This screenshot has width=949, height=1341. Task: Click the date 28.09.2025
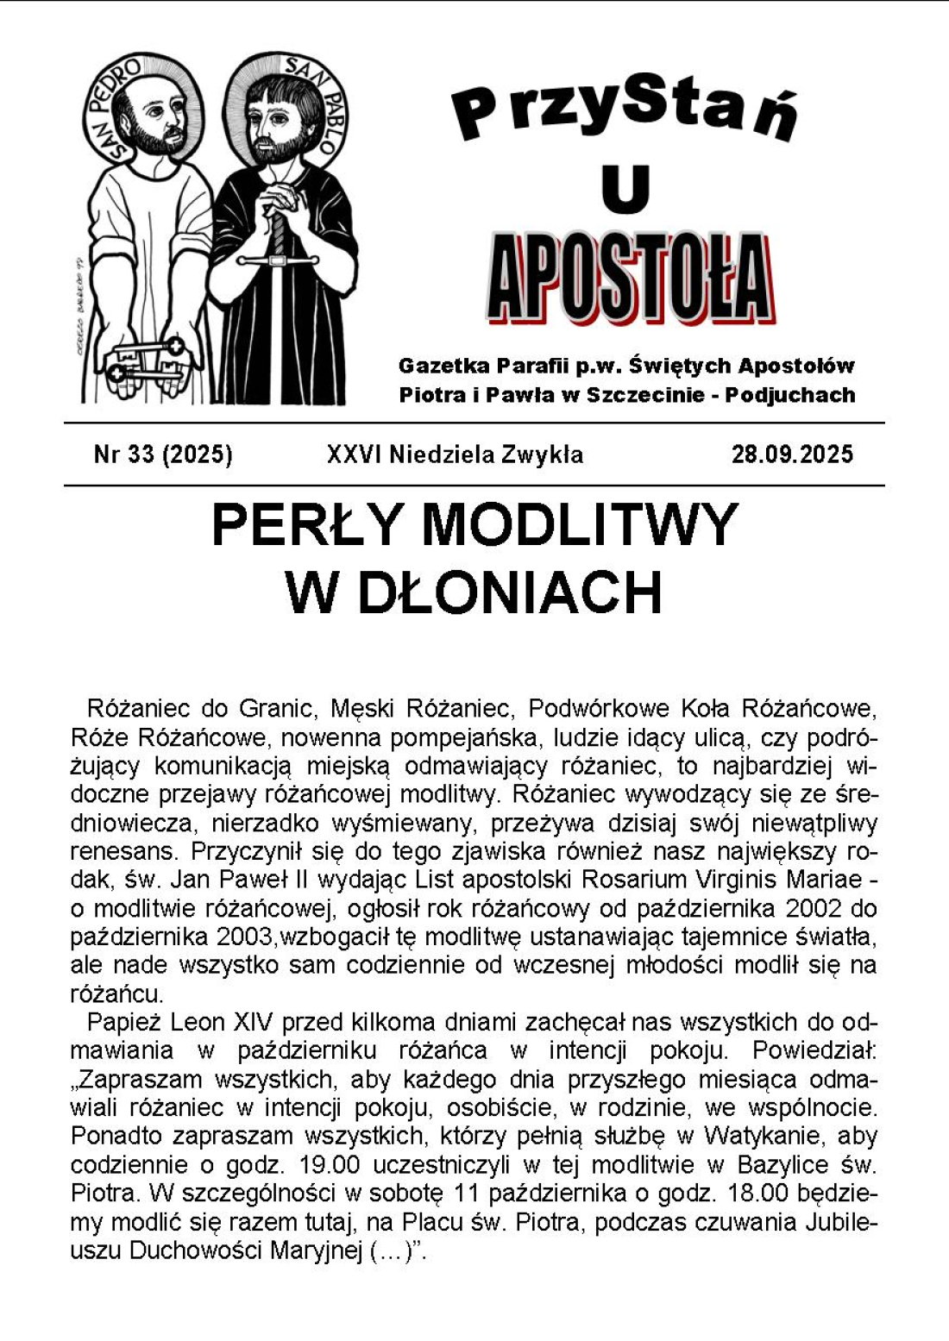pos(792,454)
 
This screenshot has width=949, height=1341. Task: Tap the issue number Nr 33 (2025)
pos(163,454)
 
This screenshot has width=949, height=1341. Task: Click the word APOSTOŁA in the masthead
pos(630,278)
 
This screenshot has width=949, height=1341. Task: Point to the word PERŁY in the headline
pos(306,525)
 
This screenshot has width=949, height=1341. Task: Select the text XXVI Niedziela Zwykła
pos(455,454)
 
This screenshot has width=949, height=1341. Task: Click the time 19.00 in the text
pos(329,1165)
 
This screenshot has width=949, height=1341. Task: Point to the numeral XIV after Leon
pos(253,1023)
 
